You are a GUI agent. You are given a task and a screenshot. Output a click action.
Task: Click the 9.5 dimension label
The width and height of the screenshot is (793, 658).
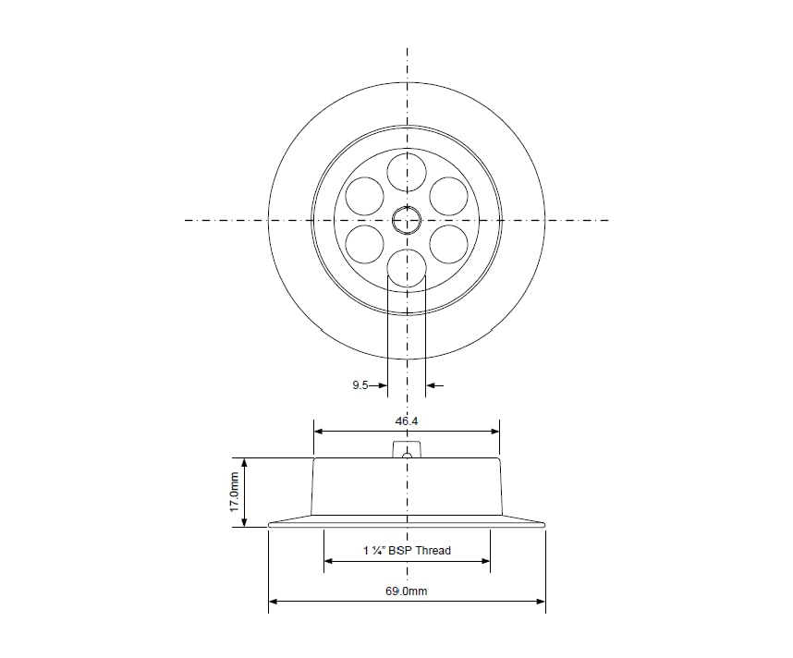360,385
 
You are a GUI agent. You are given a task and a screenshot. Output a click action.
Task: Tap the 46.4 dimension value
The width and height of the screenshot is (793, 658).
407,420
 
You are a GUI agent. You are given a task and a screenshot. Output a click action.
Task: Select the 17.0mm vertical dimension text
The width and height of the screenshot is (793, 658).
234,492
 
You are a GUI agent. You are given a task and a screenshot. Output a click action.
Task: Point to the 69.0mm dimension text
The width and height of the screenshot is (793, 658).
407,591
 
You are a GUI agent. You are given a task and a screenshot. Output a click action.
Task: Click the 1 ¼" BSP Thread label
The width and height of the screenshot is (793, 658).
407,550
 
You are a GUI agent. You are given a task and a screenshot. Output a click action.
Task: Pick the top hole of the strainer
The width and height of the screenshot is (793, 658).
407,173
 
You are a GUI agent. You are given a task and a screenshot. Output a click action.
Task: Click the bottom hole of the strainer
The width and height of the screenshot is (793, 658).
407,268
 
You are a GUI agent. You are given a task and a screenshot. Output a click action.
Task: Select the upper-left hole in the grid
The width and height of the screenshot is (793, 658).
365,196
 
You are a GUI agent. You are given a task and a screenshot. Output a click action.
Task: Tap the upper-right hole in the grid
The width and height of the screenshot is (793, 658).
448,196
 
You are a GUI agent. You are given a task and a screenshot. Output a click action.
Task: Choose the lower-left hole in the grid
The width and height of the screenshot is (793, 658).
365,244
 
